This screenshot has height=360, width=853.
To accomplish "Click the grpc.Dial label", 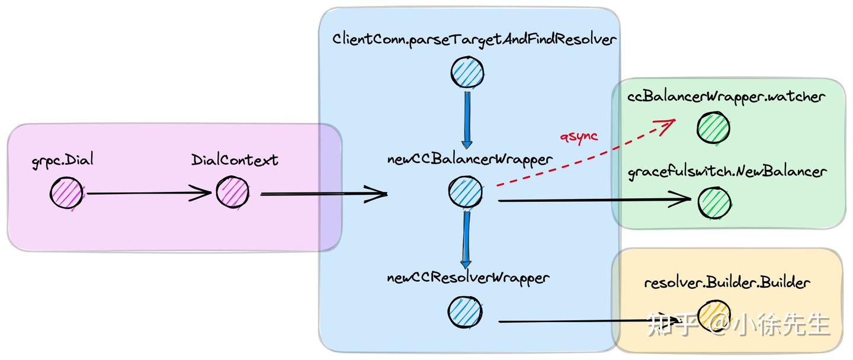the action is (x=63, y=160).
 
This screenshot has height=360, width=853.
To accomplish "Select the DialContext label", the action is (x=235, y=160).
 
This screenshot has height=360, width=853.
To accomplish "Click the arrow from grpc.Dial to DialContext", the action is (x=149, y=193).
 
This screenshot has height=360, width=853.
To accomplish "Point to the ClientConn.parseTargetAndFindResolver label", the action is (x=474, y=40).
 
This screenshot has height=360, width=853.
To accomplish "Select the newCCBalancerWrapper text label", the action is (x=470, y=159).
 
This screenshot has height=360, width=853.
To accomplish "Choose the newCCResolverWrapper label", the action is (x=468, y=278).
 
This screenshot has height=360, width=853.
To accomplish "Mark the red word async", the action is (x=579, y=137).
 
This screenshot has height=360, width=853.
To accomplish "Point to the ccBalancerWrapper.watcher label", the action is (x=726, y=97).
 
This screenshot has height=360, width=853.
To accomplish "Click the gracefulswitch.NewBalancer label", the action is (x=727, y=172).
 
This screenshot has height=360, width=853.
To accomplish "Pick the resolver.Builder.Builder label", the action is (x=727, y=283).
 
